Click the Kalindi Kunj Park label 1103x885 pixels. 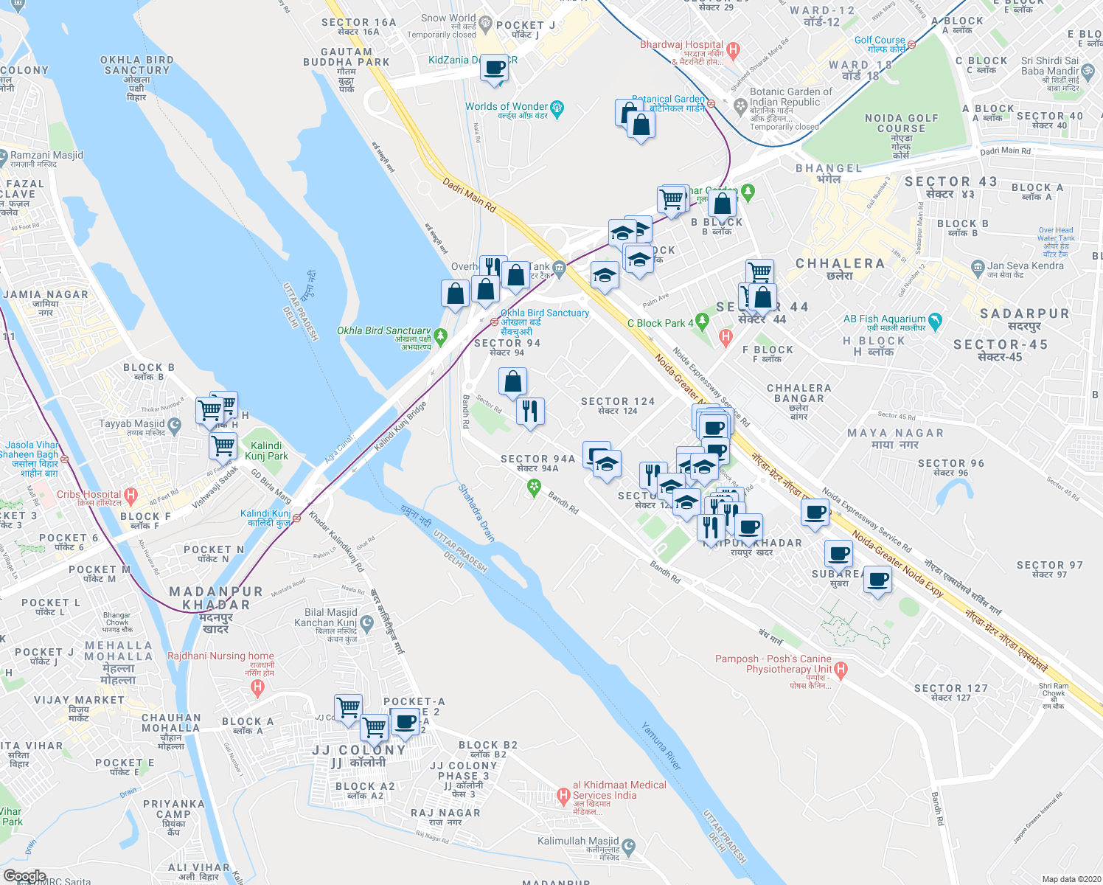click(266, 451)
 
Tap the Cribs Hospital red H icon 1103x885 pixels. click(131, 494)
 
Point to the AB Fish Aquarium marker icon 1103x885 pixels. click(936, 321)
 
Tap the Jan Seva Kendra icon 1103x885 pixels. click(978, 266)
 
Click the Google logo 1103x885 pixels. click(24, 876)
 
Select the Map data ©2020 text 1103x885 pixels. click(1070, 879)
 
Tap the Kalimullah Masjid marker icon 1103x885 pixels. click(628, 845)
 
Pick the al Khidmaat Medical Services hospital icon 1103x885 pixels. click(563, 795)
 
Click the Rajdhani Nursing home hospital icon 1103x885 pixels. click(257, 688)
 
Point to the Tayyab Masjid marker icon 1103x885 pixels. click(174, 425)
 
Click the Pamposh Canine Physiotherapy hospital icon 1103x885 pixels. click(841, 670)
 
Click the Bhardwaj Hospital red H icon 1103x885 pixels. click(732, 50)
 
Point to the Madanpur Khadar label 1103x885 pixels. click(216, 598)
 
